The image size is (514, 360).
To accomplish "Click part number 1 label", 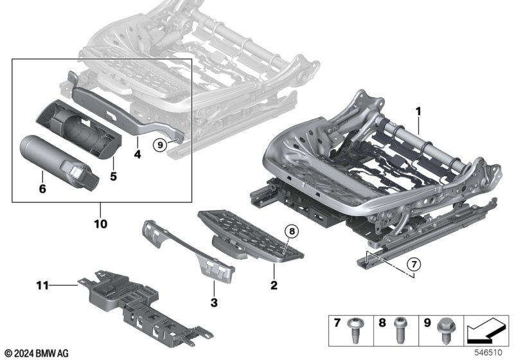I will tap(418, 111).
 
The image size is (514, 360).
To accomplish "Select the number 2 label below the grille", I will tap(274, 284).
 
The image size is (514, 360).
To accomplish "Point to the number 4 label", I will tap(137, 154).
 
